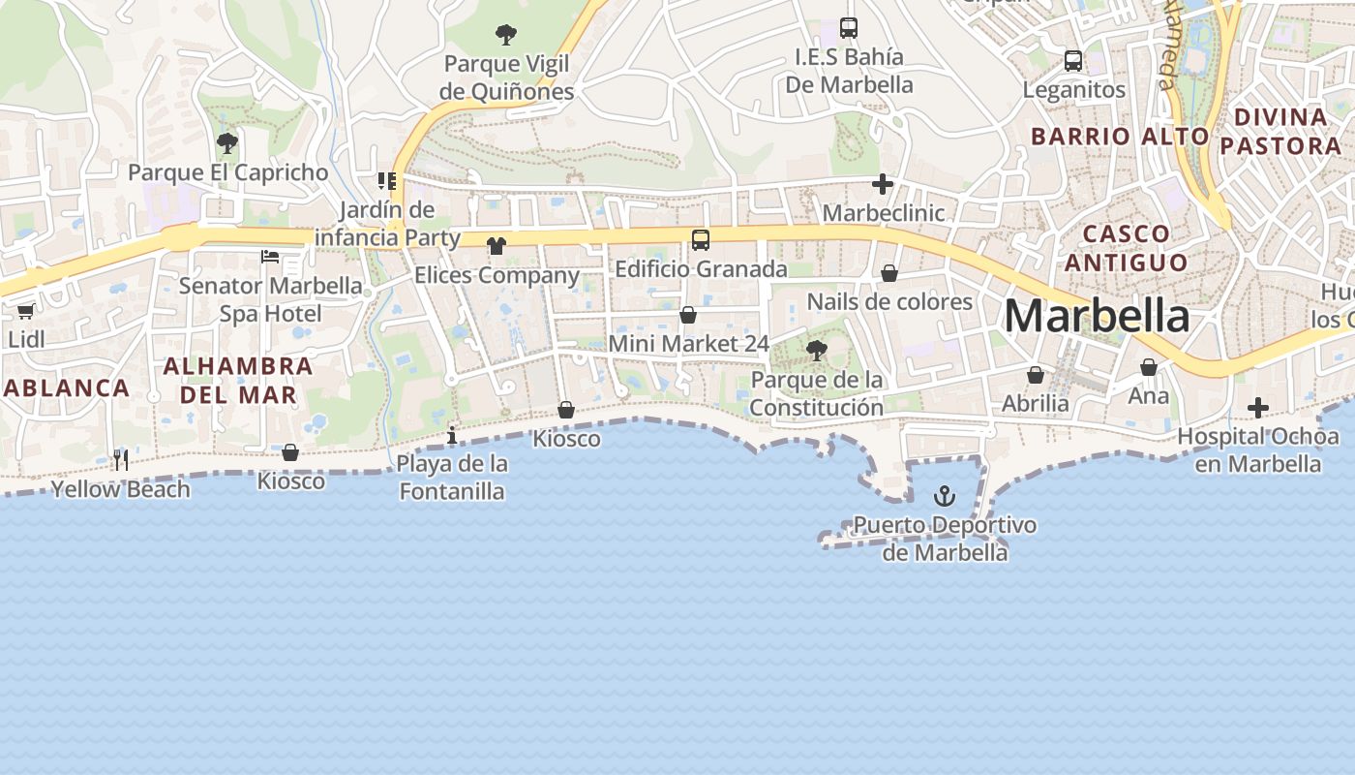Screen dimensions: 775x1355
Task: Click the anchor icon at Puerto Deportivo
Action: coord(944,497)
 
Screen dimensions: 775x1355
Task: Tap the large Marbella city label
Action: coord(1097,316)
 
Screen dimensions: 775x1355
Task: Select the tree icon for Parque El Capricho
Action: coord(227,143)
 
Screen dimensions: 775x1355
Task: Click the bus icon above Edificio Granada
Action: coord(701,240)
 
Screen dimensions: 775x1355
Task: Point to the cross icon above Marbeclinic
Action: coord(883,183)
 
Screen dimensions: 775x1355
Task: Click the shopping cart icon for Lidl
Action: coord(25,311)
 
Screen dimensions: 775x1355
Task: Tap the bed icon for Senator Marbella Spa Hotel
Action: coord(270,257)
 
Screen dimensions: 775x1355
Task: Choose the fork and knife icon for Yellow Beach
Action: coord(121,459)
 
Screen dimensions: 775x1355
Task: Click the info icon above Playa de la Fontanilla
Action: coord(452,436)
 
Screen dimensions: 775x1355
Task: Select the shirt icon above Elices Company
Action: coord(497,246)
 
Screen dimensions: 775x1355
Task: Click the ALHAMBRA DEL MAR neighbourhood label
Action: coord(238,381)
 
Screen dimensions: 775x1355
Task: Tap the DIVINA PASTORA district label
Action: coord(1280,132)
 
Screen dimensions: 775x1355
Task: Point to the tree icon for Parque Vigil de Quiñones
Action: coord(505,36)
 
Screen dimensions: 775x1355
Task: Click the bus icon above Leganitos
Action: coord(1073,61)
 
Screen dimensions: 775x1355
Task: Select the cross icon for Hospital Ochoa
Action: coord(1258,408)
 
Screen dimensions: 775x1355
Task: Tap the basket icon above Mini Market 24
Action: coord(688,315)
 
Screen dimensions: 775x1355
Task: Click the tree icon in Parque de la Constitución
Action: coord(817,350)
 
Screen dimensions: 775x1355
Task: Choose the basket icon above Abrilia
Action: coord(1036,375)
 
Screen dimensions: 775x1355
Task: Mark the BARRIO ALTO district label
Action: coord(1120,137)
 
